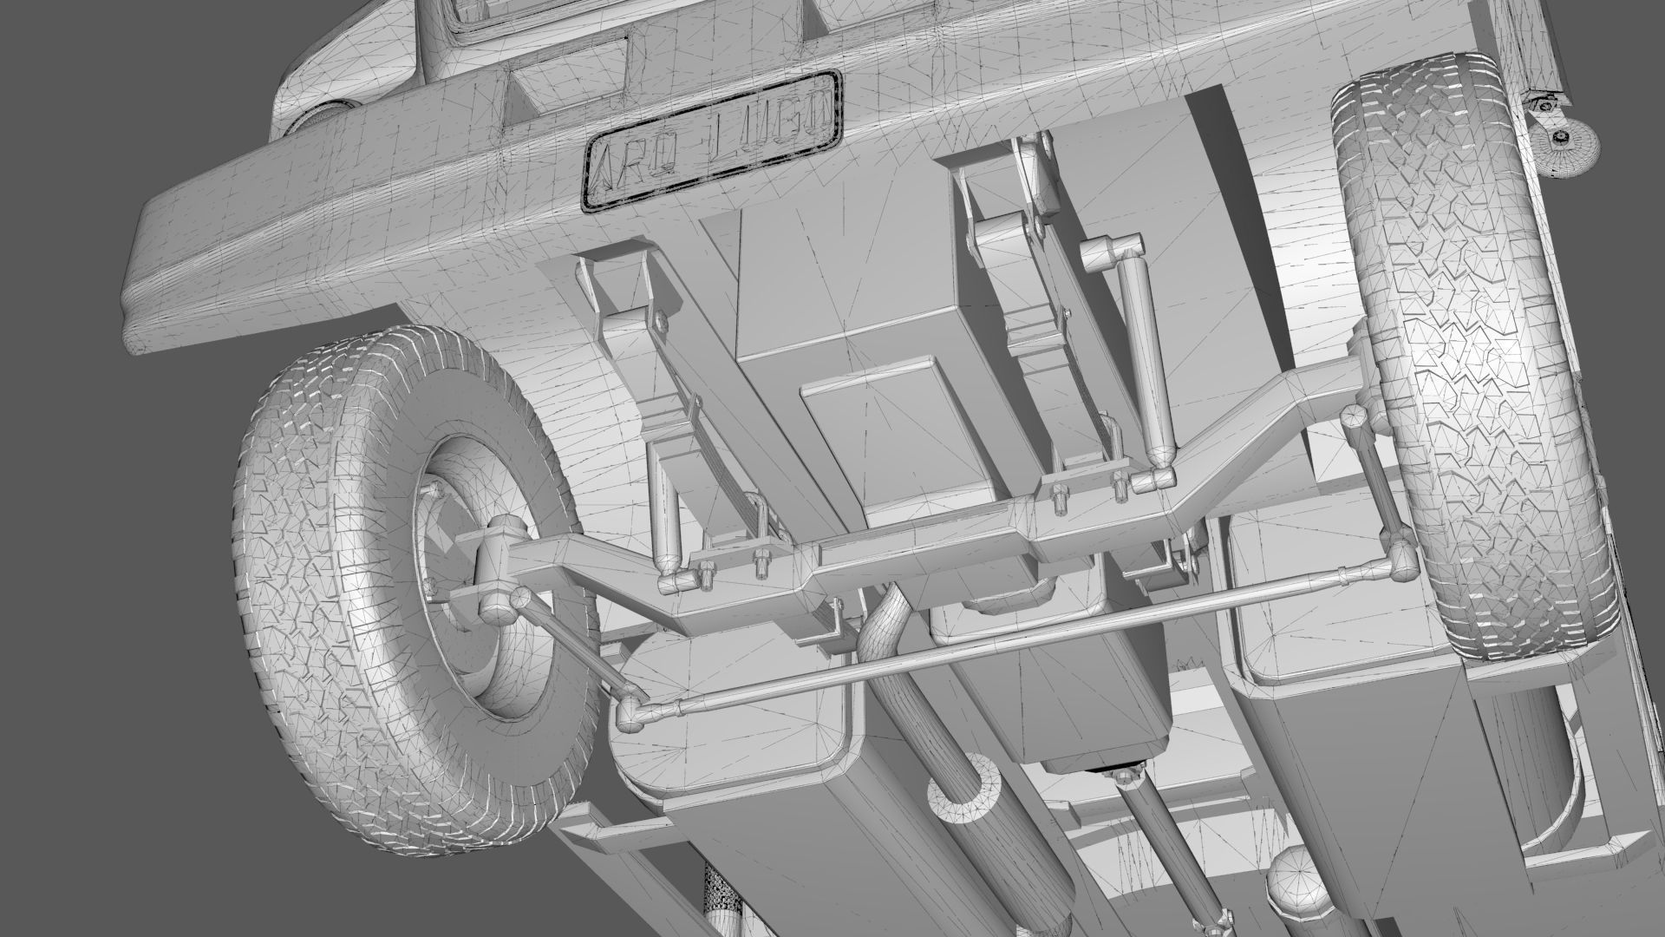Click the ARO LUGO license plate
point(711,139)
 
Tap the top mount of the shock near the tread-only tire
point(1106,252)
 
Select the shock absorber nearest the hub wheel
point(663,521)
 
